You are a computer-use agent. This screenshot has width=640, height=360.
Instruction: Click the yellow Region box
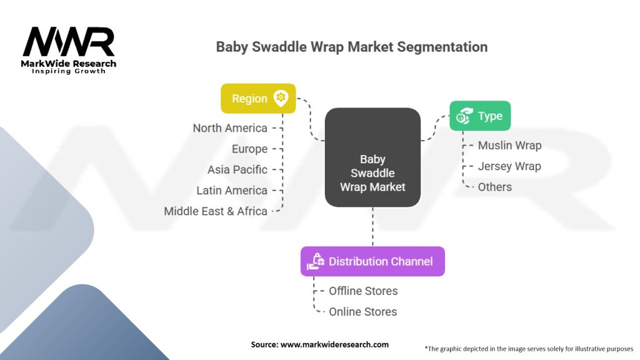click(x=258, y=99)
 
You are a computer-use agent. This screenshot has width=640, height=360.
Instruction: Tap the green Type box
click(x=480, y=116)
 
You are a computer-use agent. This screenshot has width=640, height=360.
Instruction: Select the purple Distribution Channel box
click(x=372, y=261)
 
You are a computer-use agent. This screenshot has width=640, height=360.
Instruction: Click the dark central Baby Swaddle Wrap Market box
click(x=372, y=157)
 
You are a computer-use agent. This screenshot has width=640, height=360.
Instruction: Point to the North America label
click(x=230, y=128)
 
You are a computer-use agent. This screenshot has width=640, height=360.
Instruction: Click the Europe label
click(x=249, y=149)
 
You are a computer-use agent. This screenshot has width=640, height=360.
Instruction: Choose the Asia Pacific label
click(x=237, y=169)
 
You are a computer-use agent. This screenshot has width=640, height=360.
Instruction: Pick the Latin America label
click(x=232, y=190)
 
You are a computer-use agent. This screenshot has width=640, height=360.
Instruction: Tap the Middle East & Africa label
click(x=216, y=211)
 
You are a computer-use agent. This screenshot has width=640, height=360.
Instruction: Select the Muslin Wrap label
click(x=509, y=146)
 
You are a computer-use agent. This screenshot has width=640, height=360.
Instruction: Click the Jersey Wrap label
click(x=509, y=166)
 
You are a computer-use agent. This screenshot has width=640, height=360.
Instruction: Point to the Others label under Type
click(x=494, y=187)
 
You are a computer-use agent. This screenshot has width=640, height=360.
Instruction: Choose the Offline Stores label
click(x=363, y=291)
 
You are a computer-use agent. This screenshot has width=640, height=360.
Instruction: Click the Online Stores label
click(x=362, y=311)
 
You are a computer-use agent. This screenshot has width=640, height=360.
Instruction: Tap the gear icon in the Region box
click(x=281, y=98)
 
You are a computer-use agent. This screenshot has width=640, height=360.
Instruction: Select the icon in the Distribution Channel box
click(x=315, y=262)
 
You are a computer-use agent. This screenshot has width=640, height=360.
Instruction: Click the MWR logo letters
click(x=69, y=42)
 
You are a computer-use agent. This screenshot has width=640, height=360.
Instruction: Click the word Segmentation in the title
click(x=442, y=47)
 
